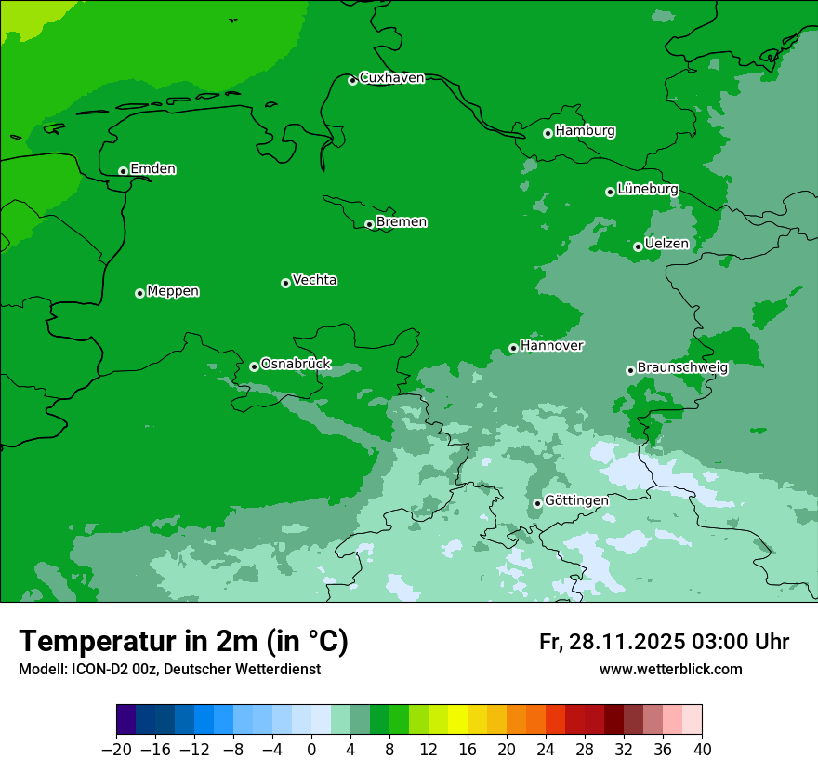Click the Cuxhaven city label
[x=391, y=78]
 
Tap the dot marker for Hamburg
[x=548, y=133]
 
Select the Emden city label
[x=152, y=169]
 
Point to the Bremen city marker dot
[x=369, y=224]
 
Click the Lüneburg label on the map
[x=647, y=189]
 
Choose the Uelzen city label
[x=666, y=244]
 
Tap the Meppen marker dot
[x=139, y=293]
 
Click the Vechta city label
[x=314, y=280]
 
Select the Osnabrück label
[x=296, y=364]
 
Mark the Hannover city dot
[x=513, y=349]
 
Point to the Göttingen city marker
[x=537, y=503]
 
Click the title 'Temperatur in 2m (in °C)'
[x=183, y=642]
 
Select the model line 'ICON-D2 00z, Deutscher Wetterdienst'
[x=169, y=670]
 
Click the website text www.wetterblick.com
[x=670, y=670]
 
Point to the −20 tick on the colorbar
[x=116, y=749]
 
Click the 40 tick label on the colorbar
[x=702, y=749]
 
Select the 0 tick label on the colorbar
[x=311, y=749]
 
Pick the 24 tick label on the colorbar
[x=546, y=749]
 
